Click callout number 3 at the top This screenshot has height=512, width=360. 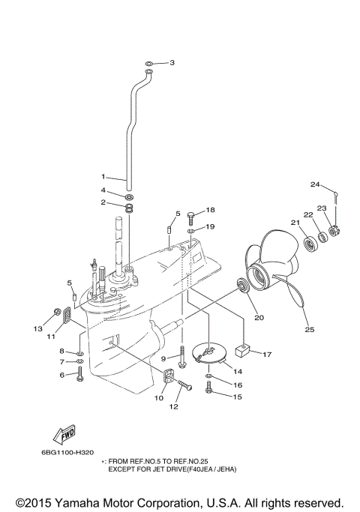tap(172, 62)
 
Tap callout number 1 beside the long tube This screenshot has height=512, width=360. tap(104, 178)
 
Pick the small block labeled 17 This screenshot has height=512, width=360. tap(241, 349)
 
